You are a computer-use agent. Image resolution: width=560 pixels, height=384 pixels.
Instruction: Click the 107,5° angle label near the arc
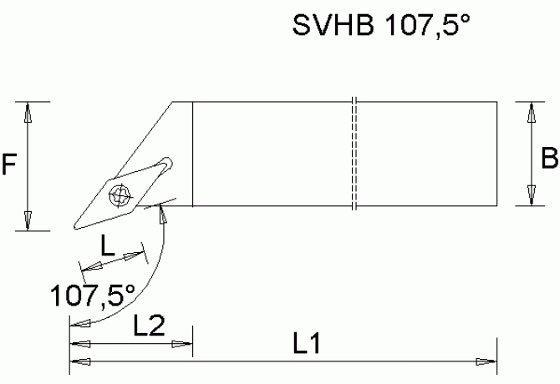92,295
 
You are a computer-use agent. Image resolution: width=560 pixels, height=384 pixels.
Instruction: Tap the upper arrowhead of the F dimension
28,112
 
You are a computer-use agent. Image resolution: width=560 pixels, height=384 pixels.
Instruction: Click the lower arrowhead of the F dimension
28,221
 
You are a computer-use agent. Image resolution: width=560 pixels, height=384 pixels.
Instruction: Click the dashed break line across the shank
354,154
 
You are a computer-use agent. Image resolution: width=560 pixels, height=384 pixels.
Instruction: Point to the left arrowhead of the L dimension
87,267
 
